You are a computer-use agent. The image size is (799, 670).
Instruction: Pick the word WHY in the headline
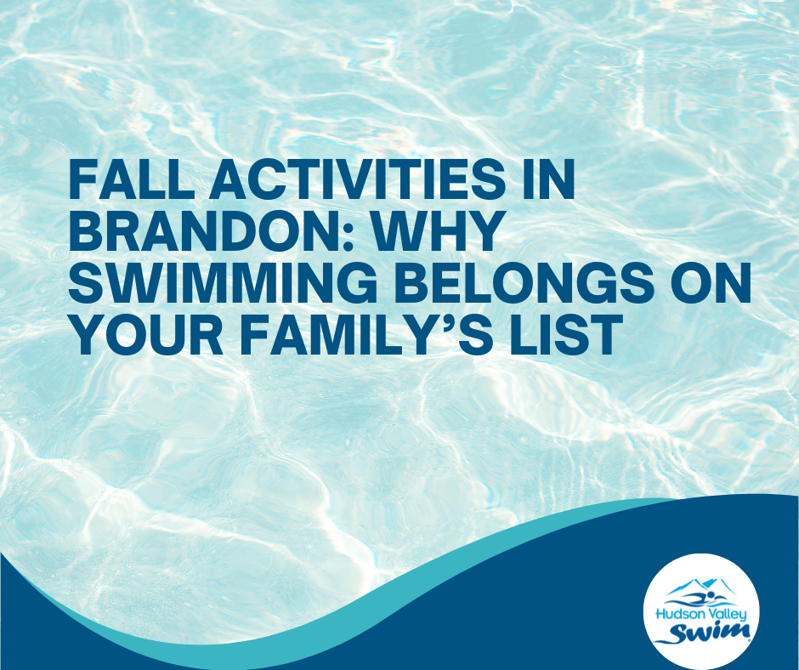click(x=439, y=232)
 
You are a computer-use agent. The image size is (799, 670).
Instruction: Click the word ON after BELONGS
click(x=711, y=282)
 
